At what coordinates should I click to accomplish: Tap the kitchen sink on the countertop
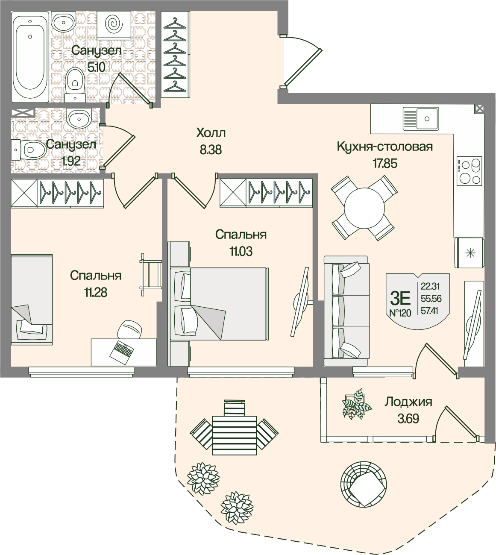pos(421,118)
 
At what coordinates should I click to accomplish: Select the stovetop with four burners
pos(470,171)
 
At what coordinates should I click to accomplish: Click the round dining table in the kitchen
pos(364,208)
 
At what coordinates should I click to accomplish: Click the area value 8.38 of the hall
pos(211,150)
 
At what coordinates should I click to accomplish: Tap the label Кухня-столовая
pos(384,147)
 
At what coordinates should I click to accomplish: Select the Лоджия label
pos(408,402)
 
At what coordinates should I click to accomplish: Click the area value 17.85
pos(384,163)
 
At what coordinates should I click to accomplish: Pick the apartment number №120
pos(400,313)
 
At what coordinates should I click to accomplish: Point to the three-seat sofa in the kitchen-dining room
pos(346,311)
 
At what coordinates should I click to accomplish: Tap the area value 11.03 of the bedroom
pos(241,252)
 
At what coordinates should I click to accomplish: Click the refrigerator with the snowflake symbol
pos(470,253)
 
